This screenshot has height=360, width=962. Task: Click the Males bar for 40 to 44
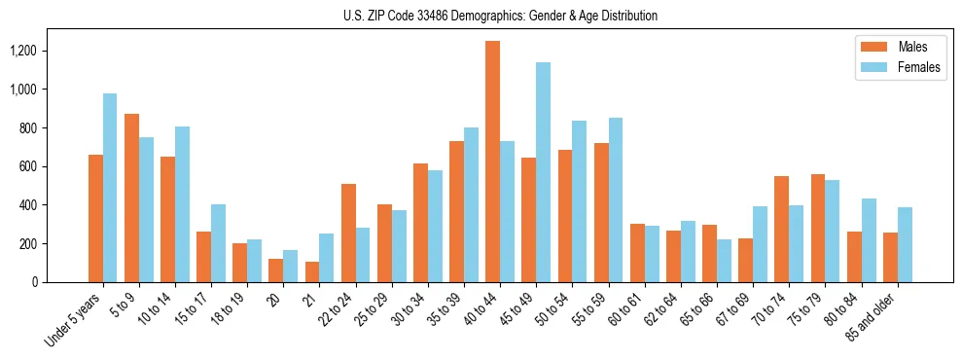(x=492, y=162)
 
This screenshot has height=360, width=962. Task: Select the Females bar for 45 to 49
(x=543, y=172)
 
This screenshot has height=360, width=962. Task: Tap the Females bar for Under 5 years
(x=110, y=188)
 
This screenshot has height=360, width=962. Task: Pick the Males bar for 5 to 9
(x=131, y=198)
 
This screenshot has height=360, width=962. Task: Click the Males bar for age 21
(x=312, y=271)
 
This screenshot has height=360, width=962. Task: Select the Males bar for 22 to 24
(x=348, y=234)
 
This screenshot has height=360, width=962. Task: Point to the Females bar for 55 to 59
(x=615, y=199)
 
